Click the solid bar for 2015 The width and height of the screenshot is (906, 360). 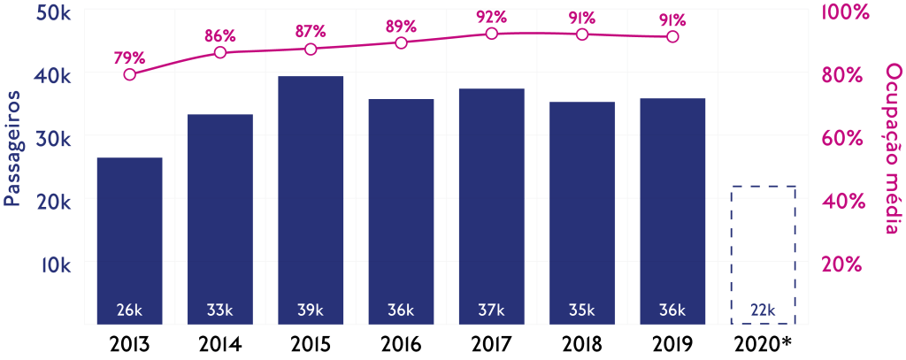(311, 199)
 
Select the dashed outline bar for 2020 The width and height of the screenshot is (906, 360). (764, 255)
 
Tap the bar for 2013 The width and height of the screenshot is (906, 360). (129, 240)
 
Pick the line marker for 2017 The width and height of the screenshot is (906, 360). (492, 34)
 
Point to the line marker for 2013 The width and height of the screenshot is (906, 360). (130, 74)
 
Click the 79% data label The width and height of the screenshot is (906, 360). (128, 57)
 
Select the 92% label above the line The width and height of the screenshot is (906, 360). (491, 16)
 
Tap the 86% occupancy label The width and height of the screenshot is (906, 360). (220, 35)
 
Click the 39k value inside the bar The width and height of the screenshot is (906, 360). (311, 310)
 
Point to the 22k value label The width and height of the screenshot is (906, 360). (763, 310)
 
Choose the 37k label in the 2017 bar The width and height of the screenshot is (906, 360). (492, 310)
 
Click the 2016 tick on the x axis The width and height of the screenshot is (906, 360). (401, 343)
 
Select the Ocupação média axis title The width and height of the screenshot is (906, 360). (892, 150)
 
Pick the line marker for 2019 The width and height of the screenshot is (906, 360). (672, 36)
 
